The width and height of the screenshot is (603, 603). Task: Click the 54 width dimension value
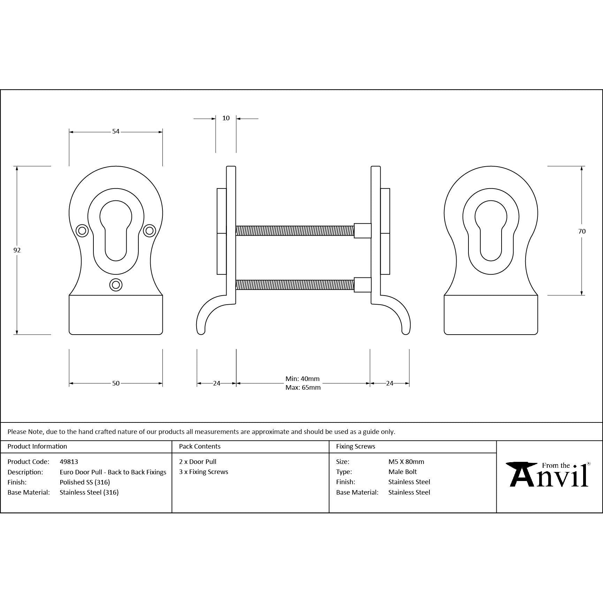116,131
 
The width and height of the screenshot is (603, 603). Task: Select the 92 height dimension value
17,250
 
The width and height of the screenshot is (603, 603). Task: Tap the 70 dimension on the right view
582,231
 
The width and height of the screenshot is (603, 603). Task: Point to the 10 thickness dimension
226,118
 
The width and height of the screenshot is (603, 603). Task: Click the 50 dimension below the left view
116,383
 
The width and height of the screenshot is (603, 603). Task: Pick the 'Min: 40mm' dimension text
303,379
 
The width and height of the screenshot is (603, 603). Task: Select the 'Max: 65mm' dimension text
303,388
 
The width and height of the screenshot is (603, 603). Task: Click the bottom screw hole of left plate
116,285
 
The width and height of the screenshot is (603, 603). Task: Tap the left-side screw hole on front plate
82,230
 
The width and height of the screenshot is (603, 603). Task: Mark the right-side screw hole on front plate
149,230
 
